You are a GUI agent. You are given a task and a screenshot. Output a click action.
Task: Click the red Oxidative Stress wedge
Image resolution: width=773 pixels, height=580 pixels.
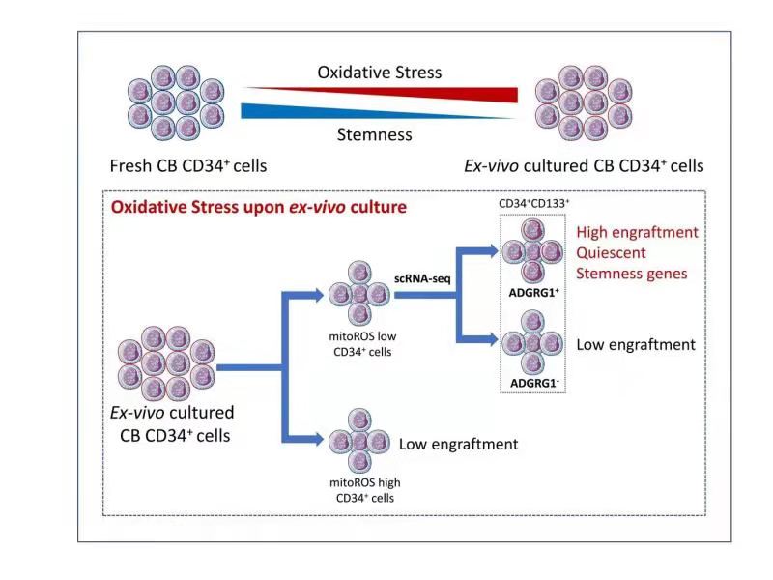coord(454,93)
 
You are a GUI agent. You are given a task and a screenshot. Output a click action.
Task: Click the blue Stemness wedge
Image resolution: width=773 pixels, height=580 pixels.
coord(319,108)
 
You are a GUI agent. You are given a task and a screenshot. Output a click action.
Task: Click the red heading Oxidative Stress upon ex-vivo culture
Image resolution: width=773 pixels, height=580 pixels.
coord(259,207)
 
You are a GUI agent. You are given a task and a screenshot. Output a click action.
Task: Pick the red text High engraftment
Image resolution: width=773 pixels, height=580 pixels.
coord(637,233)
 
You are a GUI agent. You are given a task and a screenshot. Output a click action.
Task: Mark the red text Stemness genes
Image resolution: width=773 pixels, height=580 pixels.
coord(632,274)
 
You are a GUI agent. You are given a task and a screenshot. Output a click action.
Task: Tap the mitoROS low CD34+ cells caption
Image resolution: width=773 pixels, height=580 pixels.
coord(358,343)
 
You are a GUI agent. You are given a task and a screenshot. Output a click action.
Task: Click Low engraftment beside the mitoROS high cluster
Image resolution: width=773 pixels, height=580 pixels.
coord(459,444)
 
